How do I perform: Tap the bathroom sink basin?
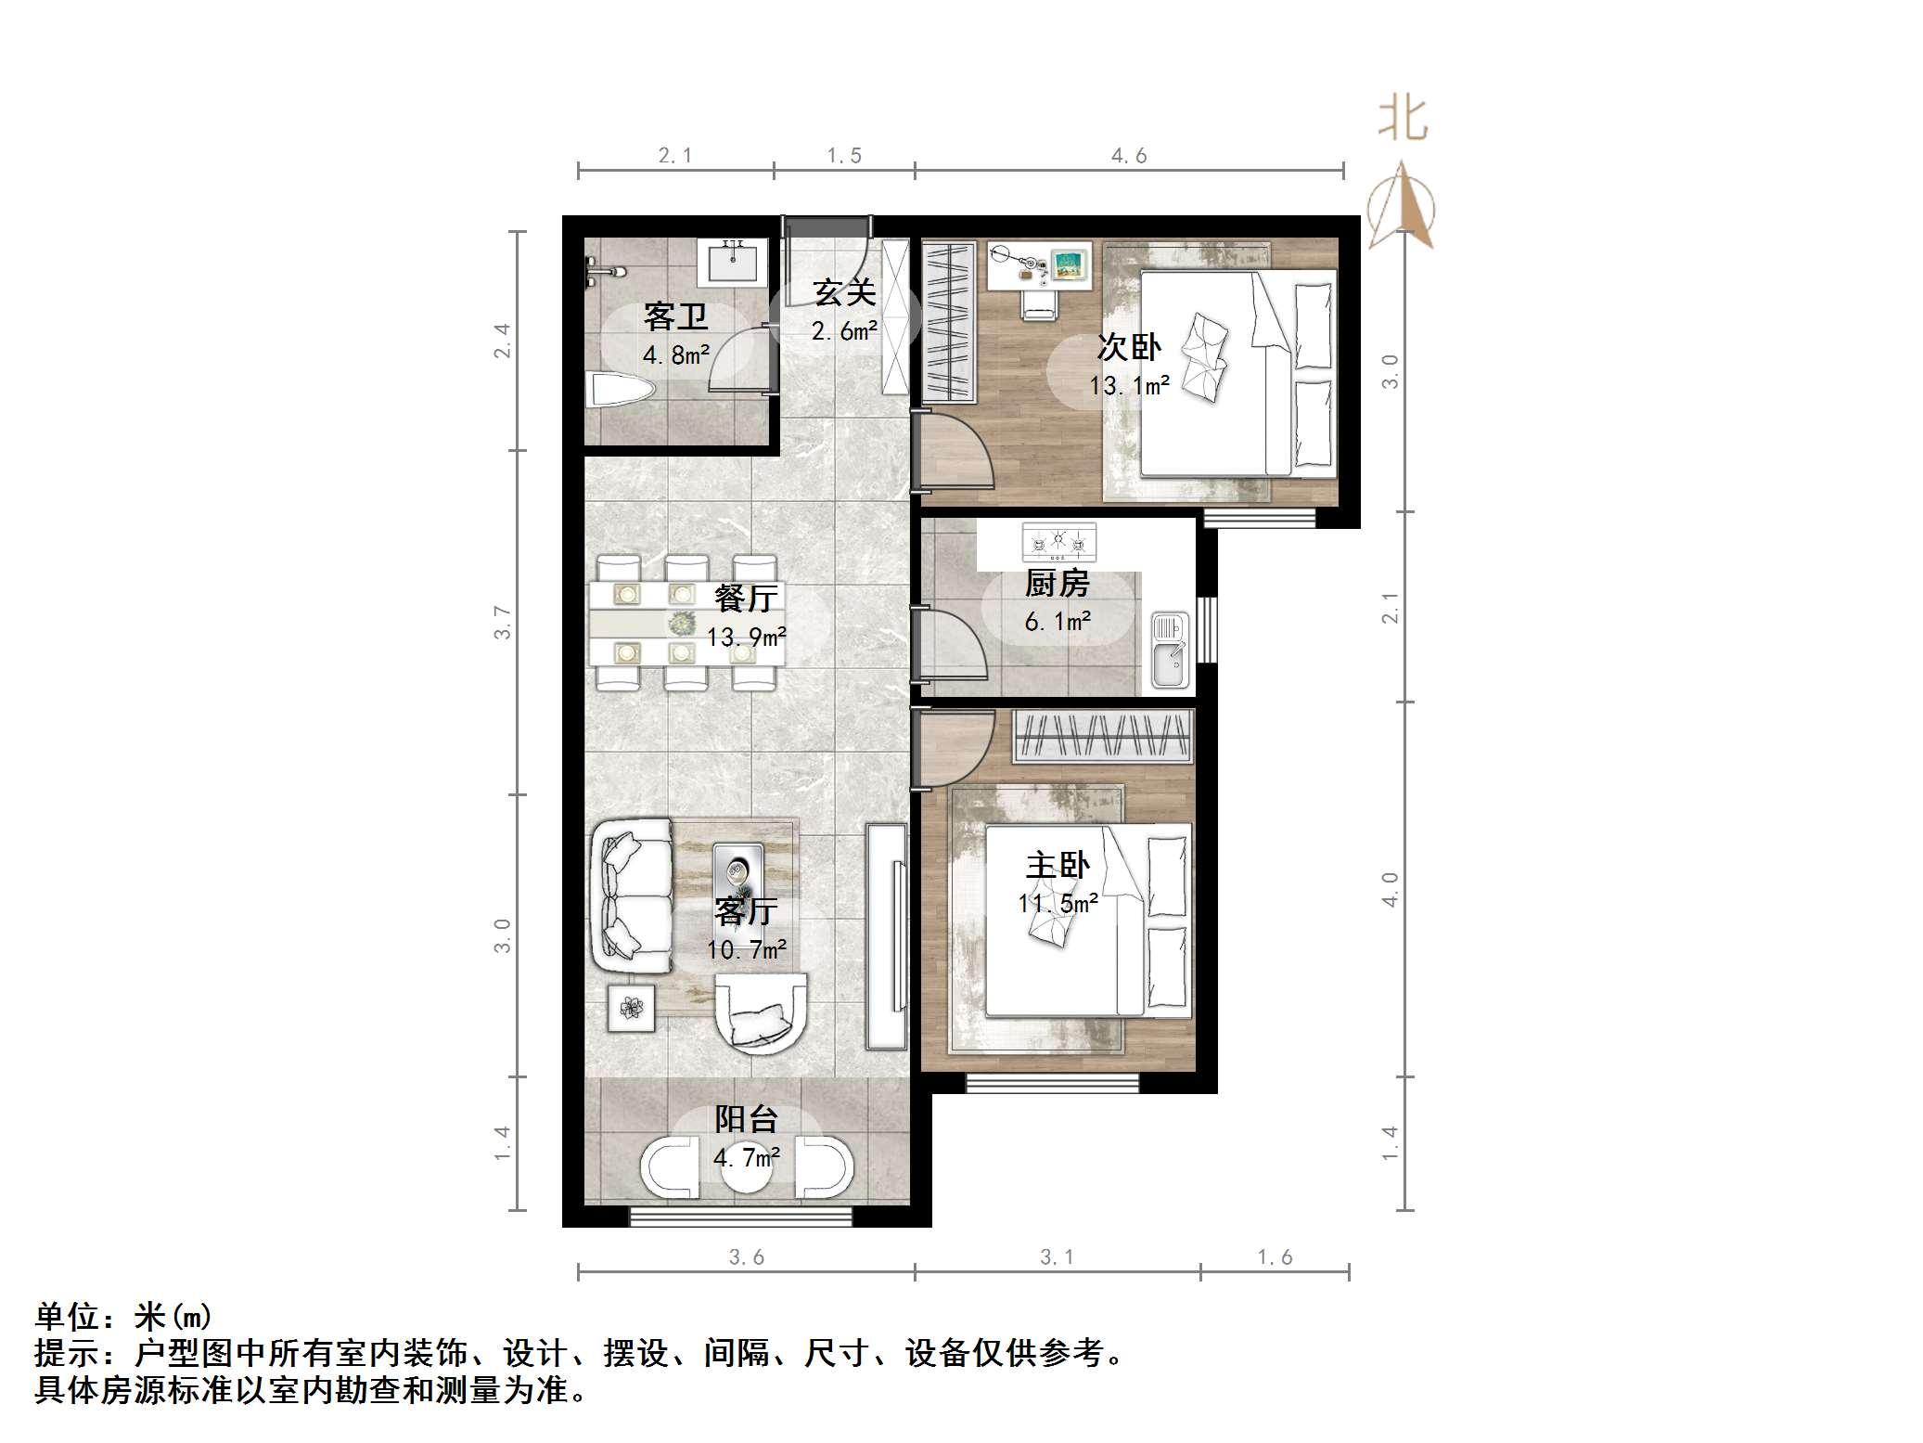[x=733, y=259]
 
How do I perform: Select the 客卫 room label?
[x=675, y=317]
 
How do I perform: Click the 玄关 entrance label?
[x=844, y=293]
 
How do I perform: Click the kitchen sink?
[x=1170, y=651]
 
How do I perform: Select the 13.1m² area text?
[x=1129, y=384]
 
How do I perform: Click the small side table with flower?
[x=631, y=1007]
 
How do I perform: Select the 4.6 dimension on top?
[x=1129, y=156]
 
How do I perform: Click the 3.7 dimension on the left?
[x=502, y=622]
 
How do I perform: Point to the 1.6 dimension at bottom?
[x=1275, y=1256]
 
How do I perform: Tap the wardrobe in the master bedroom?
[x=1100, y=736]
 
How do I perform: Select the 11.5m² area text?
[x=1058, y=902]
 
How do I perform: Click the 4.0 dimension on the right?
[x=1389, y=889]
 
